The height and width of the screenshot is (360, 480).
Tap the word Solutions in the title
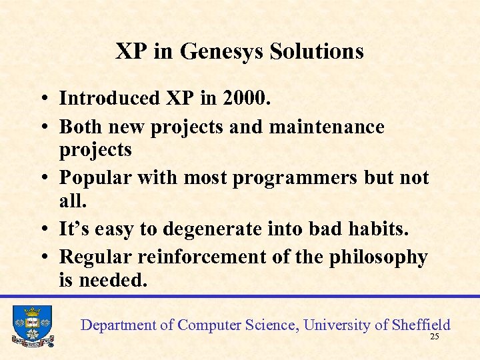[x=317, y=51]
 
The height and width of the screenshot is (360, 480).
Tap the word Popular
[x=99, y=179]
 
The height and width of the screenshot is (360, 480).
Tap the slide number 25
[x=435, y=337]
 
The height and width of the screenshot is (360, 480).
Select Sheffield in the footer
[x=421, y=325]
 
